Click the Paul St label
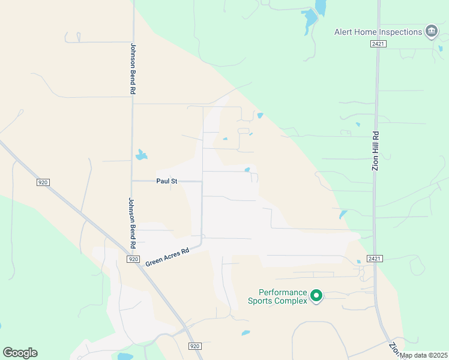pos(167,180)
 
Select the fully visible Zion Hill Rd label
pos(376,151)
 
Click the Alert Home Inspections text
pos(378,32)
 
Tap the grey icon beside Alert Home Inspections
pos(431,31)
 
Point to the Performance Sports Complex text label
pos(277,296)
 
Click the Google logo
pos(20,353)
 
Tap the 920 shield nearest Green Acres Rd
pos(133,259)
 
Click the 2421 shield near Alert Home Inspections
pos(378,44)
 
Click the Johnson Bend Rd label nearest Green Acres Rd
pos(131,223)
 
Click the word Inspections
pos(400,32)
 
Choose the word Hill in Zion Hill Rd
pos(376,151)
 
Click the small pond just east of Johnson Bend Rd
pos(141,155)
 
